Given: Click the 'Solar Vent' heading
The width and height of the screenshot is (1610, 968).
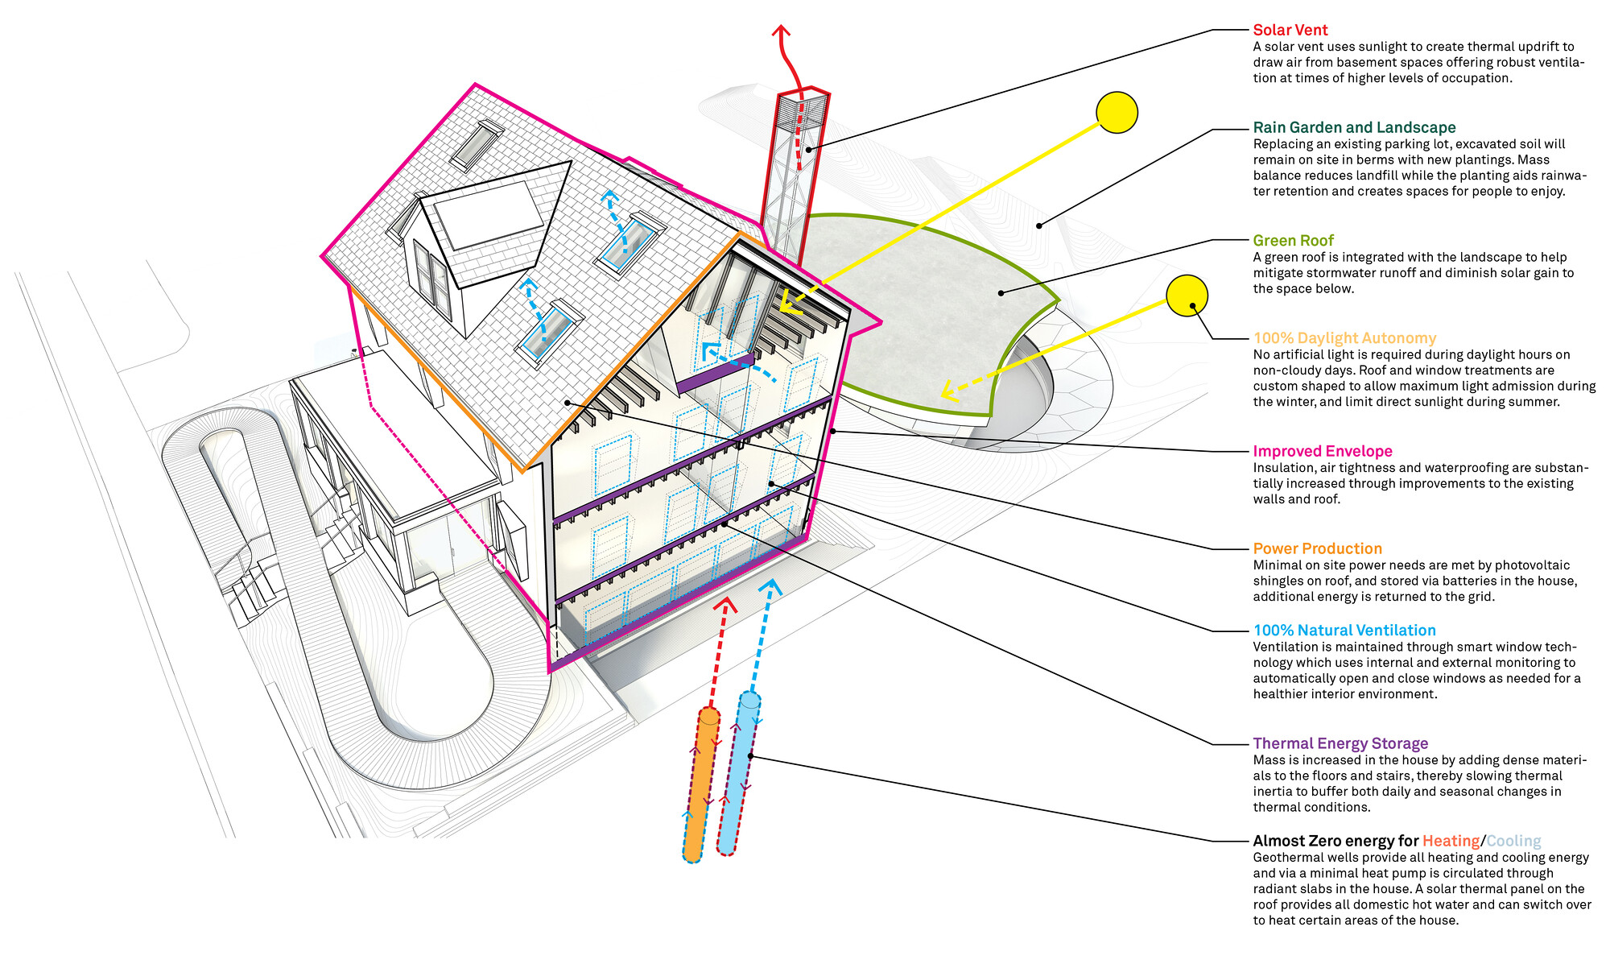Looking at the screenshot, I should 1290,30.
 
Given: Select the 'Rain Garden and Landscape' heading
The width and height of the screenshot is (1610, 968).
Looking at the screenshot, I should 1354,127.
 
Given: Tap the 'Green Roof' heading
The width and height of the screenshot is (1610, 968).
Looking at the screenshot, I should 1293,240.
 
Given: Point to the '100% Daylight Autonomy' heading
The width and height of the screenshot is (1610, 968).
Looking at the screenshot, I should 1344,338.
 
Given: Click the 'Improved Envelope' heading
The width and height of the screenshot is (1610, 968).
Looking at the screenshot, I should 1322,451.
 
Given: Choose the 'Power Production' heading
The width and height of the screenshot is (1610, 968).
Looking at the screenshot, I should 1317,548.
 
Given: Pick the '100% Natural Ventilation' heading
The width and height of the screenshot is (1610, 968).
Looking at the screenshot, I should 1344,631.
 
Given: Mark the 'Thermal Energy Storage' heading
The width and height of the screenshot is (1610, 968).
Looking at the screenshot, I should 1340,743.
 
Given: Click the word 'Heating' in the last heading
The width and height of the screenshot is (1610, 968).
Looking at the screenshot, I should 1451,841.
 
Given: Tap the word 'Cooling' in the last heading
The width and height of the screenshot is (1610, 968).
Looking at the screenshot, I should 1513,841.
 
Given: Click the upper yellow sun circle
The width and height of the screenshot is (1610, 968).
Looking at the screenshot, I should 1117,112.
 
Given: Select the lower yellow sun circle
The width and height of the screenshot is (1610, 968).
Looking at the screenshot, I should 1187,296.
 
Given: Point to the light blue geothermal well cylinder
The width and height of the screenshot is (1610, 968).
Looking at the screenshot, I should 738,773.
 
